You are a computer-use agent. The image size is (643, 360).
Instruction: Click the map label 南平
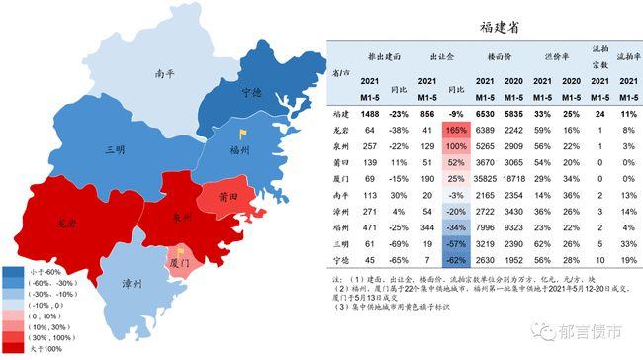click(x=166, y=74)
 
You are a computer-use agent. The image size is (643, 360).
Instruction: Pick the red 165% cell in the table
click(x=455, y=129)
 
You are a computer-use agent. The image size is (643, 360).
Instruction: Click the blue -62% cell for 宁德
click(x=455, y=261)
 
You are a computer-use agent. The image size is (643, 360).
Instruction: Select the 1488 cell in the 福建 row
click(x=368, y=113)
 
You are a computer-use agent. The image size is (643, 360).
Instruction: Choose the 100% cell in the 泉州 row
click(x=456, y=145)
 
